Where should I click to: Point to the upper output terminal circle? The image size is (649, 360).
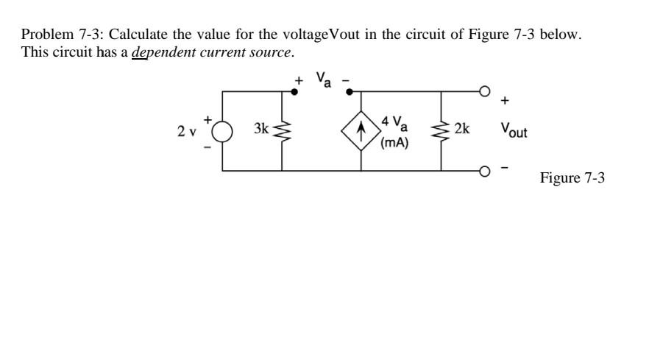486,91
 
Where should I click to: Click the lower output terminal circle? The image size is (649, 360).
486,172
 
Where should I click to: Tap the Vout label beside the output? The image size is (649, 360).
514,130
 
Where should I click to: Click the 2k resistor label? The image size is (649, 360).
462,129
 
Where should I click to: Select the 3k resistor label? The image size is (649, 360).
260,129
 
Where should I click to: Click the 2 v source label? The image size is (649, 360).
186,132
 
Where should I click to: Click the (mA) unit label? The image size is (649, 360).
394,142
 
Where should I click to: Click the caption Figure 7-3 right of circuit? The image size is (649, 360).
572,178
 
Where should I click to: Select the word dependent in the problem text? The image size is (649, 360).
157,52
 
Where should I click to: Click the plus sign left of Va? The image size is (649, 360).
299,80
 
